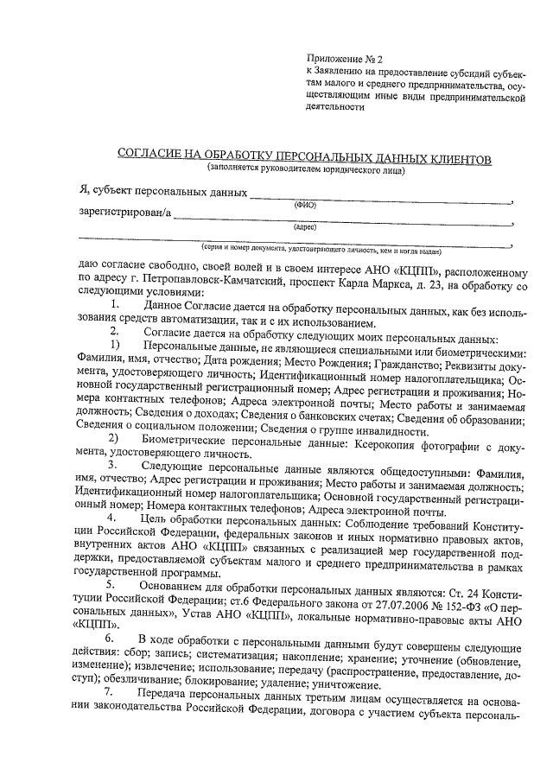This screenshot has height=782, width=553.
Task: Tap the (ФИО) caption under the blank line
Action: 305,205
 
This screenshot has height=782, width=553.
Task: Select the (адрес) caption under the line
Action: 305,227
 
